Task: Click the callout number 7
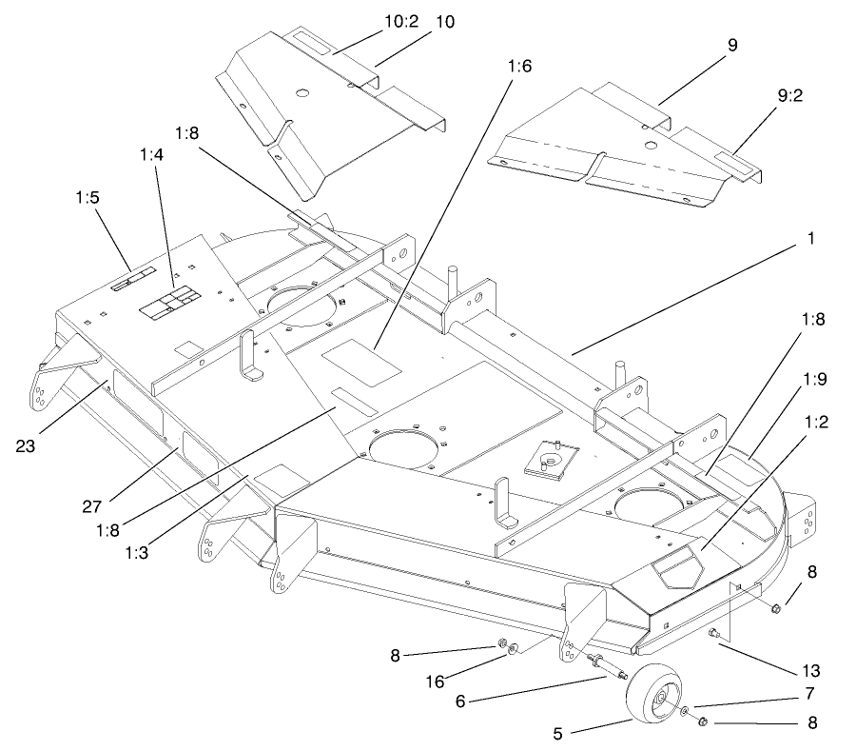[x=809, y=692]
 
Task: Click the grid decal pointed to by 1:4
[x=169, y=302]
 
